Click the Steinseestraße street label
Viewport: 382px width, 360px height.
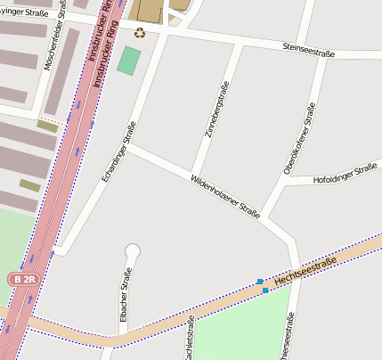pyautogui.click(x=308, y=54)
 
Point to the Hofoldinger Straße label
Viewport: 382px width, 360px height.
pyautogui.click(x=345, y=174)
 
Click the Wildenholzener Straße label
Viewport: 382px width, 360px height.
pyautogui.click(x=224, y=197)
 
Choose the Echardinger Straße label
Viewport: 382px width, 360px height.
pyautogui.click(x=118, y=151)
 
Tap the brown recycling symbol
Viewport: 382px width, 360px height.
pyautogui.click(x=140, y=33)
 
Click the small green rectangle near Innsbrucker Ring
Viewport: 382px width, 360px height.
pyautogui.click(x=129, y=61)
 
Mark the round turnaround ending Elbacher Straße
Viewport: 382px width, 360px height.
pyautogui.click(x=133, y=251)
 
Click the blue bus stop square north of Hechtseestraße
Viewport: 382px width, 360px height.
pyautogui.click(x=260, y=282)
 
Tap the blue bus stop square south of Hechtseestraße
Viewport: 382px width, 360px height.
pyautogui.click(x=265, y=290)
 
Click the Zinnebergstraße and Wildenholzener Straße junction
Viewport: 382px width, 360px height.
pyautogui.click(x=191, y=174)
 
